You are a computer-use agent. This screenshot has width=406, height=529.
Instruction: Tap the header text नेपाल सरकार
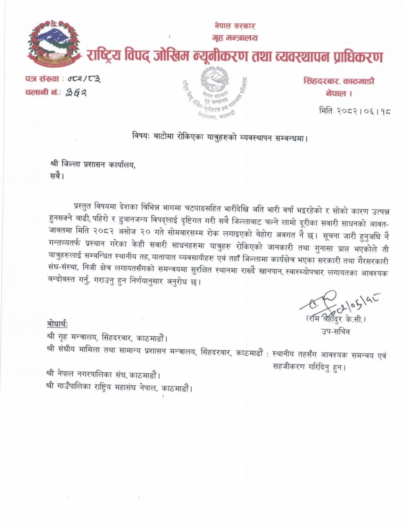pos(235,25)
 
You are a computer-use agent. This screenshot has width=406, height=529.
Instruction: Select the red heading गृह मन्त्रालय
pos(235,38)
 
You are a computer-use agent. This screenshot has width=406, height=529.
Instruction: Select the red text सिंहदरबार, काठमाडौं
pos(339,81)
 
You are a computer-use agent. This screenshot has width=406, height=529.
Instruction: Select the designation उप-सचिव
pos(335,332)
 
